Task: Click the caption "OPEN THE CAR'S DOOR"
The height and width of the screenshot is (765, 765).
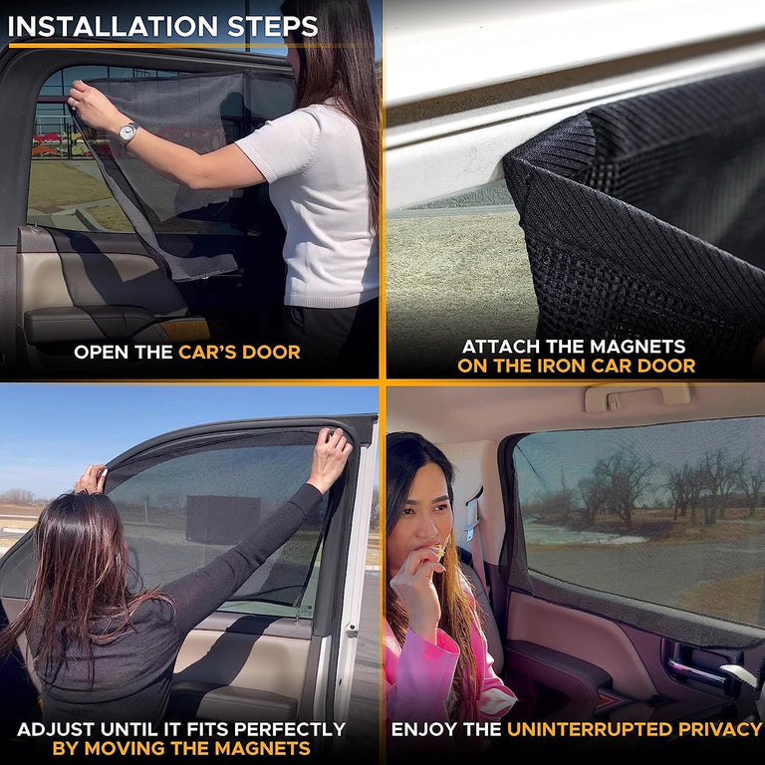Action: pos(187,352)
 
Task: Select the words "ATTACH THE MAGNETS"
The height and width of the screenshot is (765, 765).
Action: pos(574,347)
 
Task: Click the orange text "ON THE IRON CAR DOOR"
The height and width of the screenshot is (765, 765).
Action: pos(576,366)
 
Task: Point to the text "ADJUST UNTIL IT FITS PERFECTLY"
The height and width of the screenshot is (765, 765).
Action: pos(180,730)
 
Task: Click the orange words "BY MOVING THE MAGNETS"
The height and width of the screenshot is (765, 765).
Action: pos(180,749)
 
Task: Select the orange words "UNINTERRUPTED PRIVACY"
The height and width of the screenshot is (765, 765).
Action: pos(635,730)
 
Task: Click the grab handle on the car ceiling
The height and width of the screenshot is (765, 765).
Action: pos(637,394)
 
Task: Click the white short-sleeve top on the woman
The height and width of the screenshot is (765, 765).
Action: pos(317,199)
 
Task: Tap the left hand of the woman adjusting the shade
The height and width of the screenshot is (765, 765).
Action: pos(92,479)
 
